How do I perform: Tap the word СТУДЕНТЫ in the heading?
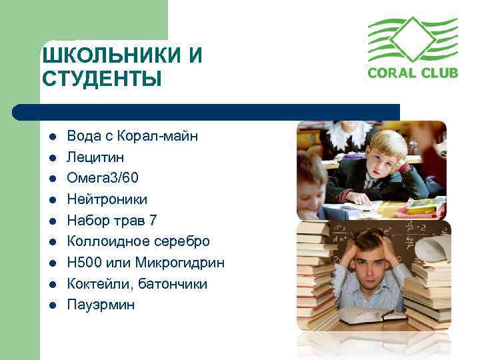(x=101, y=79)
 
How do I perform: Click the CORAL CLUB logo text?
(x=413, y=72)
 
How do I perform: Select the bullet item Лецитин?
(x=95, y=157)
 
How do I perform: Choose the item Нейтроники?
(x=107, y=199)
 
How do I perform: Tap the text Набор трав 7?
(x=111, y=220)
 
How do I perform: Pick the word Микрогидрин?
(x=183, y=263)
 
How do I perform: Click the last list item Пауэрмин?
(x=100, y=305)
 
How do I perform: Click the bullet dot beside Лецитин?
(x=51, y=157)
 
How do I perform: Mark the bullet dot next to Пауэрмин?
(x=51, y=305)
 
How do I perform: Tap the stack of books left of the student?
(x=316, y=273)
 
